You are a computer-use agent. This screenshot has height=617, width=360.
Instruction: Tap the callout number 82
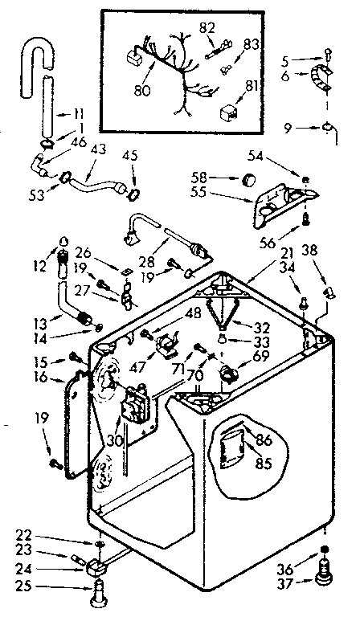click(207, 27)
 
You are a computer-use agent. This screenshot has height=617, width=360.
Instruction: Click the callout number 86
click(264, 441)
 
